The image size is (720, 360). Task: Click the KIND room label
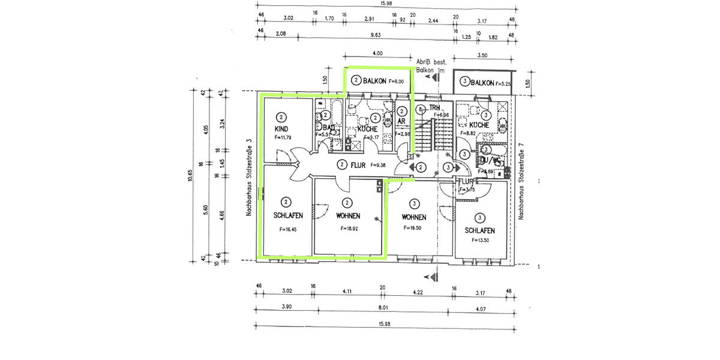tap(282, 129)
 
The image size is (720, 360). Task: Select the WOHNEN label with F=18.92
tap(348, 217)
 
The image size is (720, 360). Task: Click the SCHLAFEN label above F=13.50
tap(479, 231)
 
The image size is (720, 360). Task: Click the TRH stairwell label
tap(434, 107)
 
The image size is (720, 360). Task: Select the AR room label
tap(401, 121)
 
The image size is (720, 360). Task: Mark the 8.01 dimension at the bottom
tap(384, 306)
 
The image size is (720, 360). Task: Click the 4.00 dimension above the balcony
tap(377, 53)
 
